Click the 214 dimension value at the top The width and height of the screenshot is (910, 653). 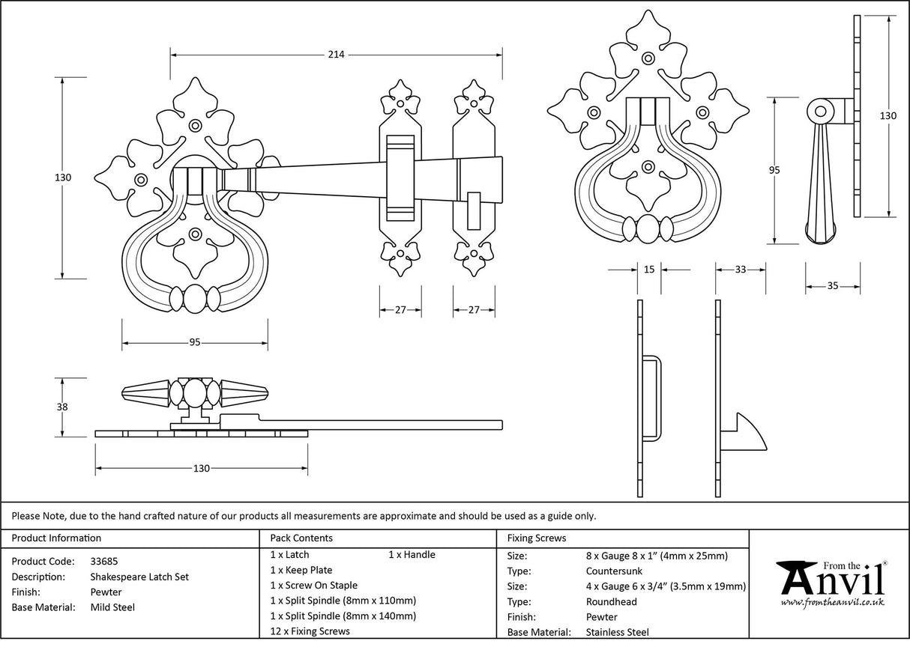point(336,55)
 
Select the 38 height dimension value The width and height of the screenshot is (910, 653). point(62,407)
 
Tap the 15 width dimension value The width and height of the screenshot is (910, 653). point(649,270)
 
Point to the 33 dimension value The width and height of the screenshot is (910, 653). point(740,270)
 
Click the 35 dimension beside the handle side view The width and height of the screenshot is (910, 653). point(833,286)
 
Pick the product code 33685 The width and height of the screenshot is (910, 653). point(103,561)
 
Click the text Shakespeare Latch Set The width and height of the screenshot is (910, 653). point(139,577)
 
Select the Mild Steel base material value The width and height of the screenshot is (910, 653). point(112,607)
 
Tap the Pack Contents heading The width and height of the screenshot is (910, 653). point(301,538)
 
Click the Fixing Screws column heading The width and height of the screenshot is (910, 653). point(537,538)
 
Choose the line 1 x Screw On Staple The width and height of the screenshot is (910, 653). point(313,586)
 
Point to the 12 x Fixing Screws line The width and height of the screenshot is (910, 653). point(310,631)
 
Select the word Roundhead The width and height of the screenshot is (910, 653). point(611,601)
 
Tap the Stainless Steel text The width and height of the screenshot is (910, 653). point(617,632)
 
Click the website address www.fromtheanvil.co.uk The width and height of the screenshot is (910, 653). point(832,602)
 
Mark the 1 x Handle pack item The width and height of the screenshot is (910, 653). point(412,555)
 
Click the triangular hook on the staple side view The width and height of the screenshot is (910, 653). point(748,434)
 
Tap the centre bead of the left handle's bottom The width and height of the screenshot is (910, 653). point(194,298)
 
